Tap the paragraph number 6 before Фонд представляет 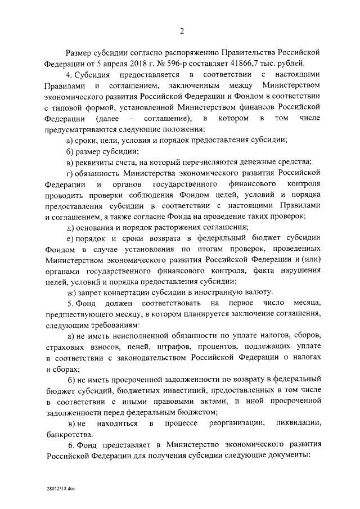click(x=68, y=445)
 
